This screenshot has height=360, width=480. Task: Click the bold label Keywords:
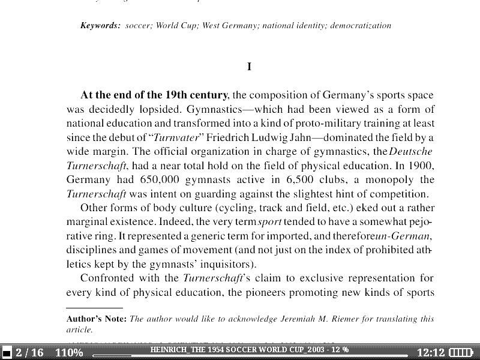click(x=101, y=26)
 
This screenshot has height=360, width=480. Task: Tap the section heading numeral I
click(x=249, y=67)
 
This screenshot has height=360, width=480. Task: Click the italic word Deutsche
click(x=411, y=151)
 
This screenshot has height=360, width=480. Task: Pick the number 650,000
click(x=140, y=180)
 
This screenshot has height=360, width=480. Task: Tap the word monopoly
click(x=385, y=180)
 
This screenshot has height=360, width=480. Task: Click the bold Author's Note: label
click(x=96, y=319)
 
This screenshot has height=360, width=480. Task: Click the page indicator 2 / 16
click(x=29, y=352)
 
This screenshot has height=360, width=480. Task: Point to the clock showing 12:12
click(x=431, y=352)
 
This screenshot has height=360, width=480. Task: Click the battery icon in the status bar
click(x=461, y=352)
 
